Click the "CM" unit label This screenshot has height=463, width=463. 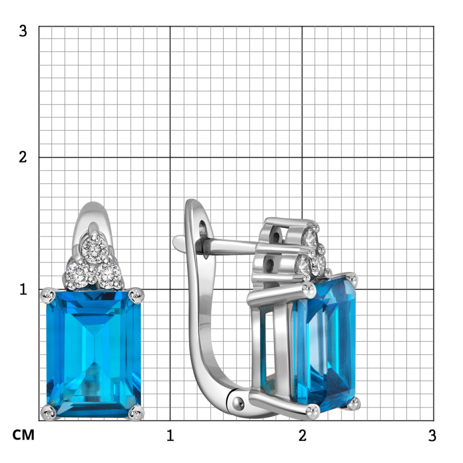[23, 435]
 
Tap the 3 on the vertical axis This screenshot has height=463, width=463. [23, 31]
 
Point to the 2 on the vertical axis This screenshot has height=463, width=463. [23, 157]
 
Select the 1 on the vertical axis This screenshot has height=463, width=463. [23, 289]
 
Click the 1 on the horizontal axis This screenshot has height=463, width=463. [170, 435]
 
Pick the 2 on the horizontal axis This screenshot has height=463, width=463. [302, 435]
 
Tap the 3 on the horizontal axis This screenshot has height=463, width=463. [432, 435]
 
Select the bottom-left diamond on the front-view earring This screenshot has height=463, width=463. [77, 274]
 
